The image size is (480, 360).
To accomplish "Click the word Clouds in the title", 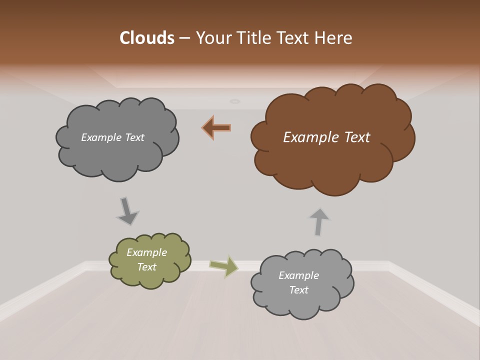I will tap(146, 38).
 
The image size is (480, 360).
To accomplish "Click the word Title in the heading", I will tap(252, 38).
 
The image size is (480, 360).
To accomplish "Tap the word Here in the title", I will tap(333, 38).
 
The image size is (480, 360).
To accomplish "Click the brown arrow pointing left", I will tap(217, 128).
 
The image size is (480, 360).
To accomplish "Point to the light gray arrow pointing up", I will tap(319, 221).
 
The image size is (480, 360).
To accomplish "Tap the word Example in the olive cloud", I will tap(146, 252).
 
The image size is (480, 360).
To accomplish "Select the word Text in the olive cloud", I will tap(146, 267).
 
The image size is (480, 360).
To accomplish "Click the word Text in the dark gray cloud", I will tap(134, 137).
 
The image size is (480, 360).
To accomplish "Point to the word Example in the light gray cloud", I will tap(298, 275).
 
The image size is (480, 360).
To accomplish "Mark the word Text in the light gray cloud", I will tap(298, 290).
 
